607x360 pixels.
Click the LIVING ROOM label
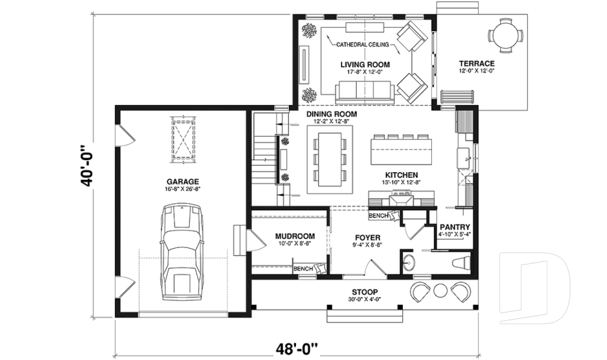point(365,65)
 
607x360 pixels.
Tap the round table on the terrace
point(506,35)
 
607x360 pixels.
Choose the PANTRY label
point(454,227)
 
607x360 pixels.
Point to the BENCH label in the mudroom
point(303,269)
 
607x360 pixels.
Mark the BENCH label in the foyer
point(379,216)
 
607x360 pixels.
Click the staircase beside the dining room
point(264,158)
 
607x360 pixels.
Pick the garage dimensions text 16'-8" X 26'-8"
point(183,189)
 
